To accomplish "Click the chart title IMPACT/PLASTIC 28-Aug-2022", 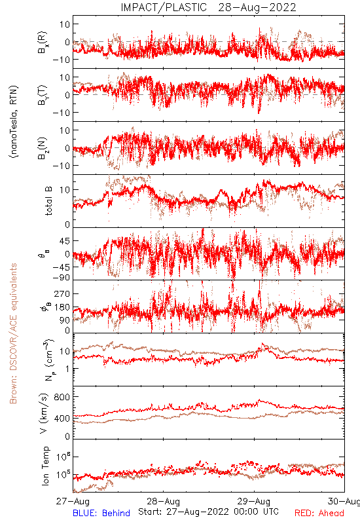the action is click(x=208, y=7).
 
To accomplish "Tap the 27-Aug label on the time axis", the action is click(x=73, y=501).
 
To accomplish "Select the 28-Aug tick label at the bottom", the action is click(x=163, y=501).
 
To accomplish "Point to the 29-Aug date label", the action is click(x=254, y=501).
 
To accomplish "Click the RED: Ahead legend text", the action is click(x=319, y=513).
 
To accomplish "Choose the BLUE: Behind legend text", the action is click(x=101, y=513).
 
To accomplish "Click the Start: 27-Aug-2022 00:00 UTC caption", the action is click(x=208, y=512).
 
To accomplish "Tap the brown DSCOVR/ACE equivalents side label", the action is click(x=13, y=333).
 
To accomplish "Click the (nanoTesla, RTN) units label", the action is click(x=14, y=121).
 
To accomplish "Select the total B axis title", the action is click(x=48, y=201).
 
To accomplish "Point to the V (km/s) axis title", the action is click(x=44, y=413).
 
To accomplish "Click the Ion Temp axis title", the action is click(x=45, y=466).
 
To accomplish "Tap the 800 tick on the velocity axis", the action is click(x=62, y=397).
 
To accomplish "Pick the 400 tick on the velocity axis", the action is click(x=62, y=418).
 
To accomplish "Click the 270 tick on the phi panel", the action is click(x=62, y=293).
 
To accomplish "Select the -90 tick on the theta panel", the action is click(x=61, y=278).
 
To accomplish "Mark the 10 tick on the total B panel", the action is click(x=65, y=190).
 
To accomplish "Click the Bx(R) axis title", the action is click(x=43, y=43).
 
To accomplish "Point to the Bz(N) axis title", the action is click(x=43, y=148).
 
